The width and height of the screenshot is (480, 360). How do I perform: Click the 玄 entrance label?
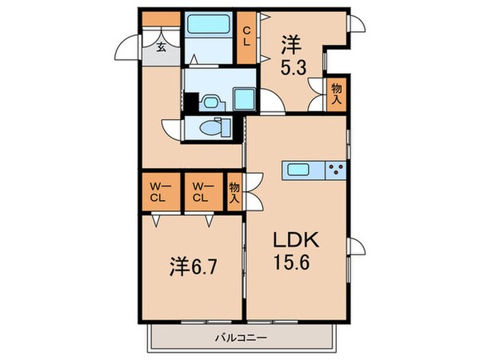pos(161,47)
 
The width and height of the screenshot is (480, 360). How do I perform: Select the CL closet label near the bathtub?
pos(248,35)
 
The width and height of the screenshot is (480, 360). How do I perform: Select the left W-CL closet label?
pos(158,192)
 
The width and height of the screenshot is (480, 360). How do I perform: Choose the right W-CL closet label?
pos(202,192)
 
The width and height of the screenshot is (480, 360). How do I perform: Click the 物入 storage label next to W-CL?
pos(234,191)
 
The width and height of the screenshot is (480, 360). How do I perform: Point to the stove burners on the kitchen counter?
pos(336,169)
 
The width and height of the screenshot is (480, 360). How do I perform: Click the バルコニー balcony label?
pos(241,337)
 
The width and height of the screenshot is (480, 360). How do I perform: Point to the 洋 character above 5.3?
pos(290,44)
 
